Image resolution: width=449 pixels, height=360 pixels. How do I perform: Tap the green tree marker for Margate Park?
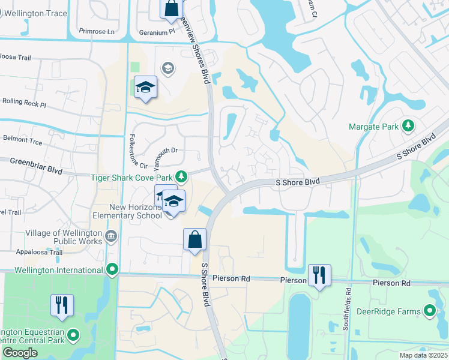pyautogui.click(x=409, y=126)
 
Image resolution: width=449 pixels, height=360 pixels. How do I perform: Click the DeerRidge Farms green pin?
pyautogui.click(x=430, y=311)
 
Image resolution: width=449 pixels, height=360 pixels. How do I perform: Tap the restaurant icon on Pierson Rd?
pyautogui.click(x=319, y=275)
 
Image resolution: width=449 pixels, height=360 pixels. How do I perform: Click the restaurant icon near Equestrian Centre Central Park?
pyautogui.click(x=62, y=305)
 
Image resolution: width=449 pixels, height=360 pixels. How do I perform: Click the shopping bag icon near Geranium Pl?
pyautogui.click(x=171, y=8)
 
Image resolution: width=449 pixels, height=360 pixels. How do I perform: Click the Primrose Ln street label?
pyautogui.click(x=97, y=32)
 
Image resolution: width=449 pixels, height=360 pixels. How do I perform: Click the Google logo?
pyautogui.click(x=20, y=353)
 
